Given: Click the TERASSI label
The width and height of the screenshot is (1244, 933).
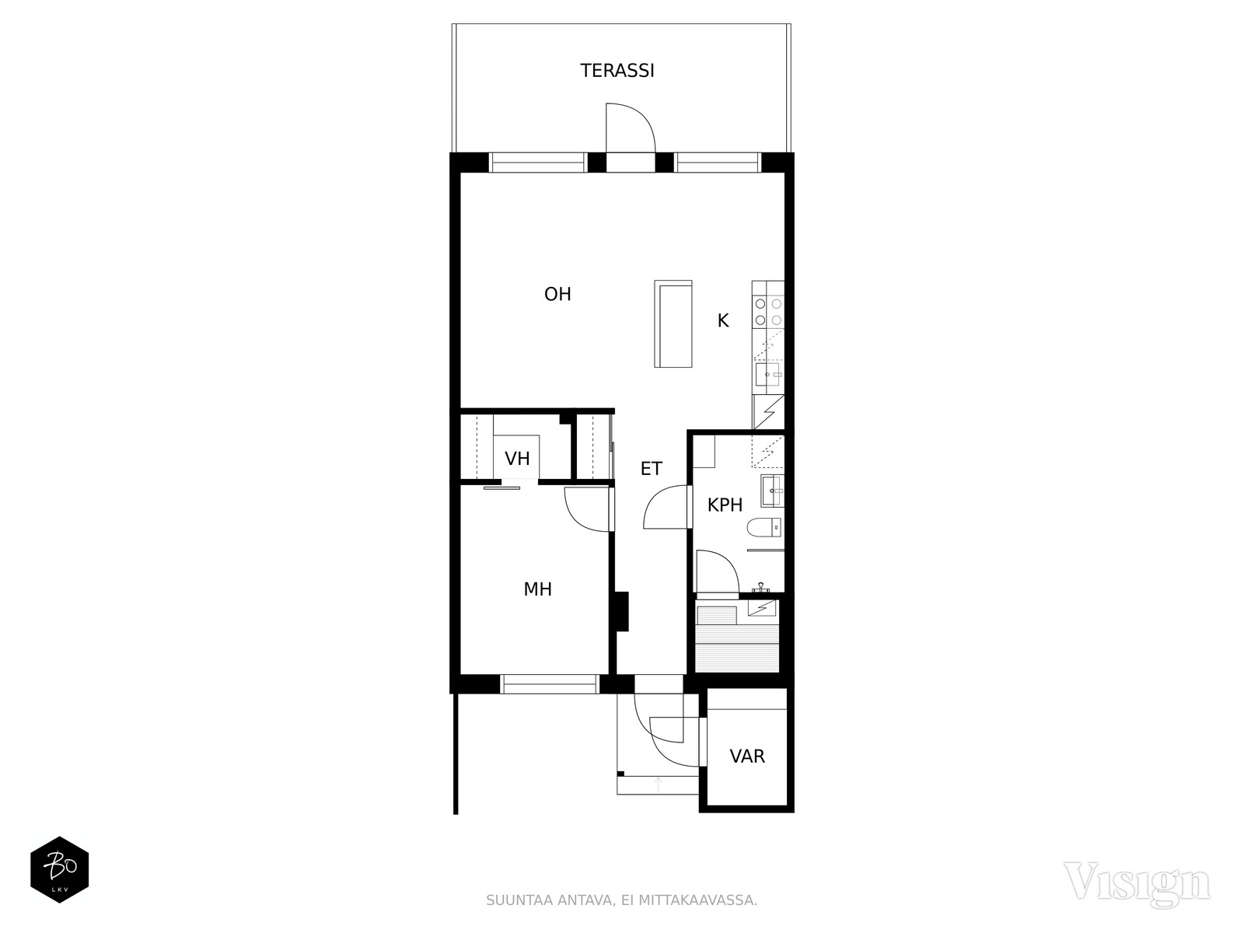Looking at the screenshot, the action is tap(617, 71).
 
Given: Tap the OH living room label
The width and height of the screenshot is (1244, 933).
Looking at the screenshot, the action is tap(557, 294).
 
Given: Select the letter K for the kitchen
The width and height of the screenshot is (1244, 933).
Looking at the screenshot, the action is tap(722, 320).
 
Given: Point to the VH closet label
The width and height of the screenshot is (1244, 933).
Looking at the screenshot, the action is tap(517, 458).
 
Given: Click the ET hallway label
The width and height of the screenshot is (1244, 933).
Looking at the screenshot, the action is tap(652, 469).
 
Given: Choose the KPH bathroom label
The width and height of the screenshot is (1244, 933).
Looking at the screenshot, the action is tap(725, 505).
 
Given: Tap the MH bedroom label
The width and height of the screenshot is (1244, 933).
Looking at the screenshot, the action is tap(537, 589).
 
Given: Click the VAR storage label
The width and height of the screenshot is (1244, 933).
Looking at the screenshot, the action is tap(747, 757).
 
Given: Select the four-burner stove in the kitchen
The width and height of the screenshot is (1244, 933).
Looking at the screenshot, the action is tap(768, 312).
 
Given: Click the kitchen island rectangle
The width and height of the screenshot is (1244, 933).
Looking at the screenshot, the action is tap(673, 323).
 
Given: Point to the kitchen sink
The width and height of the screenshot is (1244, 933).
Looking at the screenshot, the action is tap(767, 375).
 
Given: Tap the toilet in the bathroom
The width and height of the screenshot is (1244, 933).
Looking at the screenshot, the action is tap(764, 528).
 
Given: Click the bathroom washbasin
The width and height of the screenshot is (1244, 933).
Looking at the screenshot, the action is tap(771, 491).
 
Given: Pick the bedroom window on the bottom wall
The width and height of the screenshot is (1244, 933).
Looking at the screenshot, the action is tap(549, 683).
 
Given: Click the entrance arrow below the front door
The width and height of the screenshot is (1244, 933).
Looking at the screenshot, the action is tap(658, 785).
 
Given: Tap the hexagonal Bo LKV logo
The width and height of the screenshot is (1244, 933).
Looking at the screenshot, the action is tap(60, 869).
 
